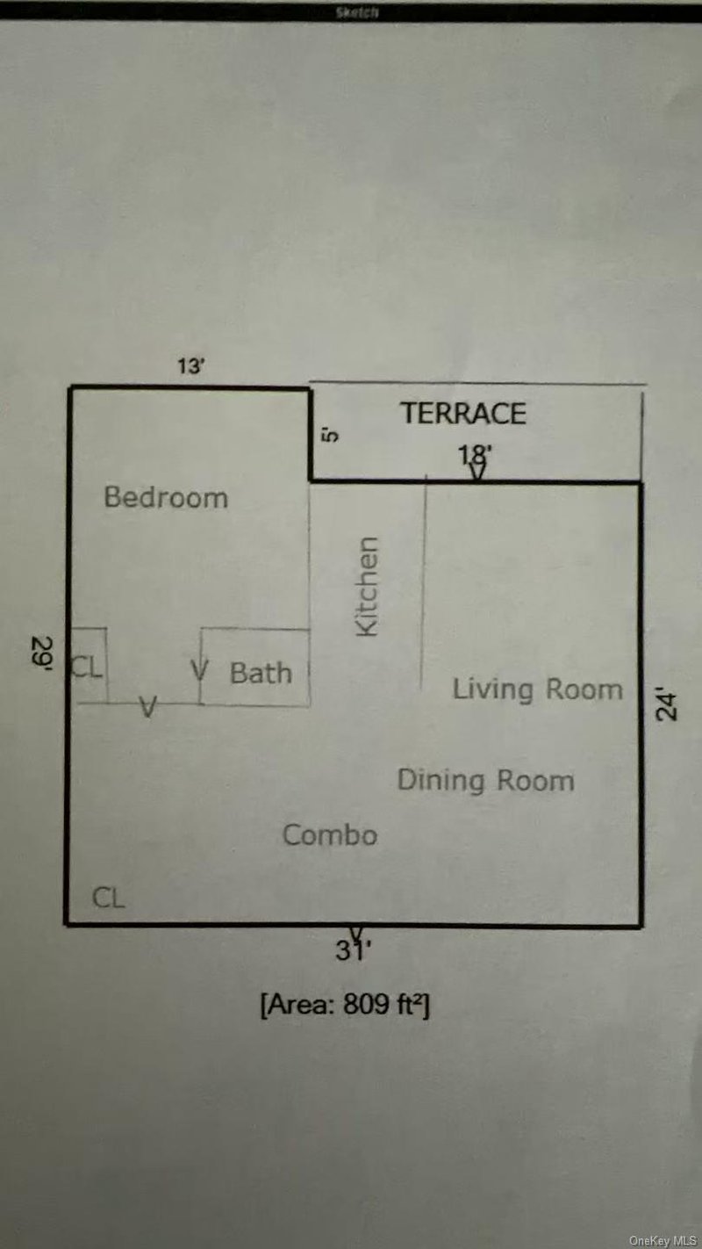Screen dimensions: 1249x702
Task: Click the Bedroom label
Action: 166,497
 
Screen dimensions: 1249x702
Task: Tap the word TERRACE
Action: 463,413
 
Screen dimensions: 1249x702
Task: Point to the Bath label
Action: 261,674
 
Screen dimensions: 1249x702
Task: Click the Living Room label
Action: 537,689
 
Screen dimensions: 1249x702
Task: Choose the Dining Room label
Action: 485,780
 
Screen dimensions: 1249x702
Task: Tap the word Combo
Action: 330,834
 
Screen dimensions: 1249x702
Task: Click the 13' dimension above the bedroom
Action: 190,367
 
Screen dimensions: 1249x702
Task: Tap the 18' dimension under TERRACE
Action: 475,455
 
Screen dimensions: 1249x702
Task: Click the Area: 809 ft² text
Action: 344,1004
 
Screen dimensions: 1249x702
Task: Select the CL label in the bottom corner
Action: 109,898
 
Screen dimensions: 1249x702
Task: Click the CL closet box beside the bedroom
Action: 88,667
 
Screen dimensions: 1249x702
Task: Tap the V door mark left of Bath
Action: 199,671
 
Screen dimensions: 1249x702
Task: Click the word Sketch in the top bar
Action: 356,12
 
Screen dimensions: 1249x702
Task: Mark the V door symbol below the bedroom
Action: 149,705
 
